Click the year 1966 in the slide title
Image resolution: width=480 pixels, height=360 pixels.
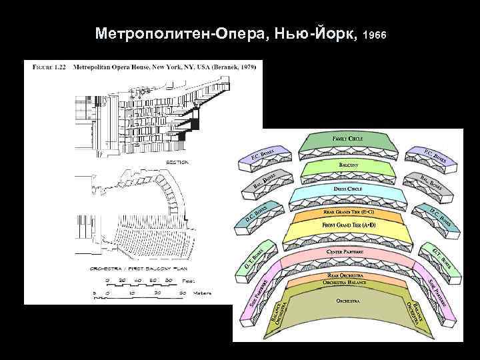[375, 33]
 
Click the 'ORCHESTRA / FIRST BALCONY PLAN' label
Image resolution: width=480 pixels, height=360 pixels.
[130, 269]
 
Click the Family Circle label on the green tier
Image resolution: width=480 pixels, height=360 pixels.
[347, 137]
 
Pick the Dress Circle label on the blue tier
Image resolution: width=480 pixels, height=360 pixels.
[347, 189]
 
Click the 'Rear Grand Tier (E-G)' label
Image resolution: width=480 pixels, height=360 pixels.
[348, 212]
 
